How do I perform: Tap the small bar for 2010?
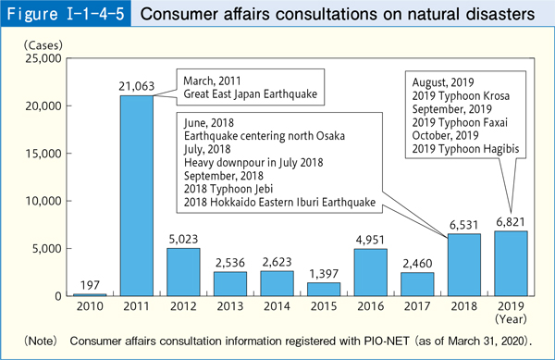[x=91, y=294]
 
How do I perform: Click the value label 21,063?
[x=137, y=86]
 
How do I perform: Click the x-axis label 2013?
[x=231, y=306]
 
